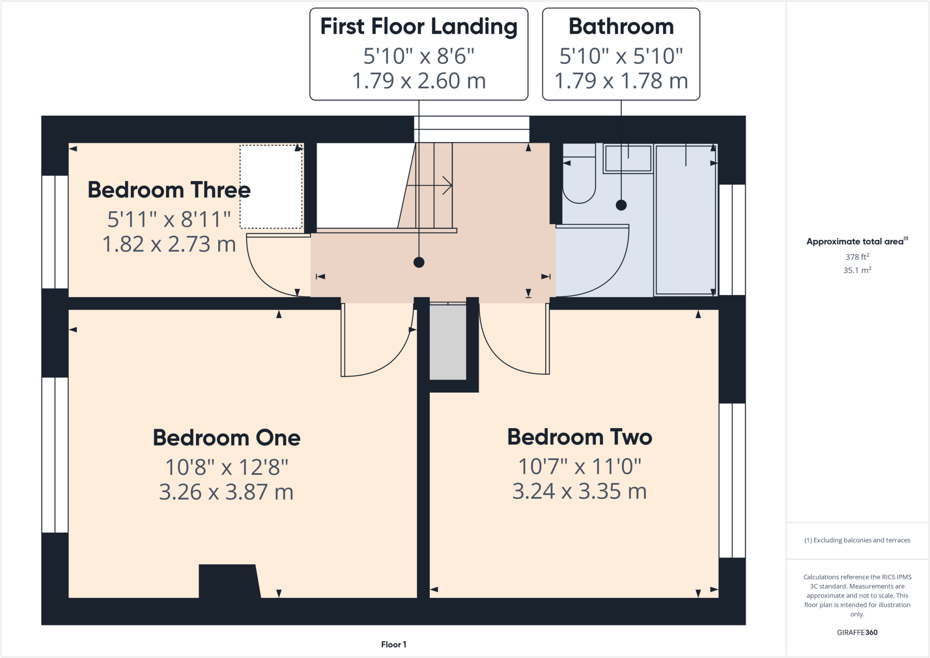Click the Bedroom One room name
[x=226, y=438]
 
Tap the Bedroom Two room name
[x=579, y=437]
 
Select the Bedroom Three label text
[x=169, y=190]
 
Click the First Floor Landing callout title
[x=419, y=26]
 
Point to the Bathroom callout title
[x=621, y=26]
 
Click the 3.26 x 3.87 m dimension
[x=226, y=492]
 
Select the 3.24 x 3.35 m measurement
[x=579, y=491]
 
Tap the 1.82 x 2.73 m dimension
[x=169, y=244]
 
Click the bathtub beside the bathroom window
[x=685, y=220]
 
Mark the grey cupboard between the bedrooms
[x=448, y=341]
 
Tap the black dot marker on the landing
[x=419, y=262]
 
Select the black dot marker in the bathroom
[x=621, y=205]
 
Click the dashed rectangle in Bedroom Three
[x=271, y=187]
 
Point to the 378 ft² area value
[x=857, y=257]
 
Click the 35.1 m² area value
[x=857, y=270]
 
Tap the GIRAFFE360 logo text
[x=857, y=633]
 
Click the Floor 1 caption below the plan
[x=393, y=644]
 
